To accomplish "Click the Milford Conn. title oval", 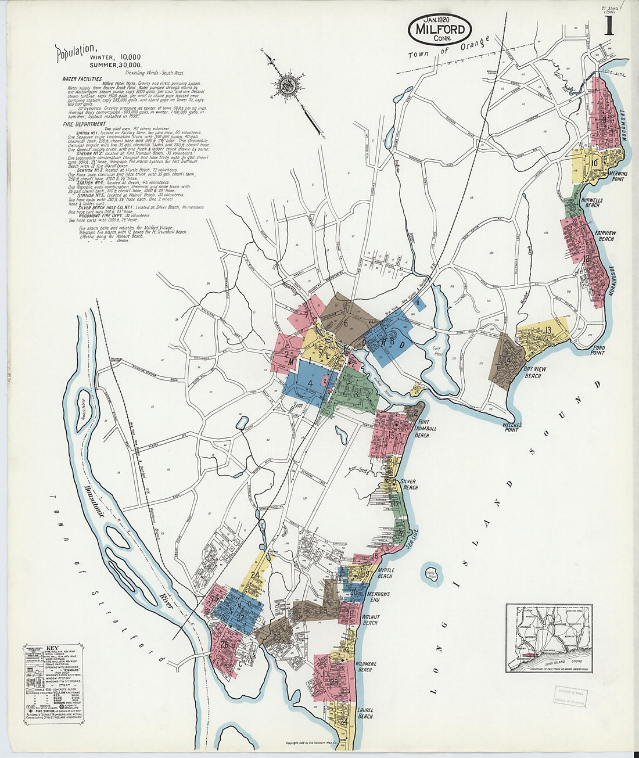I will (x=439, y=29).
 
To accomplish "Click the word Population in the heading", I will (x=73, y=53).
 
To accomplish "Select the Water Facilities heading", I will (x=82, y=78).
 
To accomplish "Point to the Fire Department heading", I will (x=84, y=124).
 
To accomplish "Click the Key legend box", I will (x=53, y=683).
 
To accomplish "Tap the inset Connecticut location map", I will (x=548, y=638).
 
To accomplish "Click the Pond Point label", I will (x=598, y=349).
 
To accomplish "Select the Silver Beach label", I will (x=410, y=484).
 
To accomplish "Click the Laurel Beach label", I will (x=365, y=713).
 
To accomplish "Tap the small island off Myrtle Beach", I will (x=430, y=572).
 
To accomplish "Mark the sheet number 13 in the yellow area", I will (x=548, y=330).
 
